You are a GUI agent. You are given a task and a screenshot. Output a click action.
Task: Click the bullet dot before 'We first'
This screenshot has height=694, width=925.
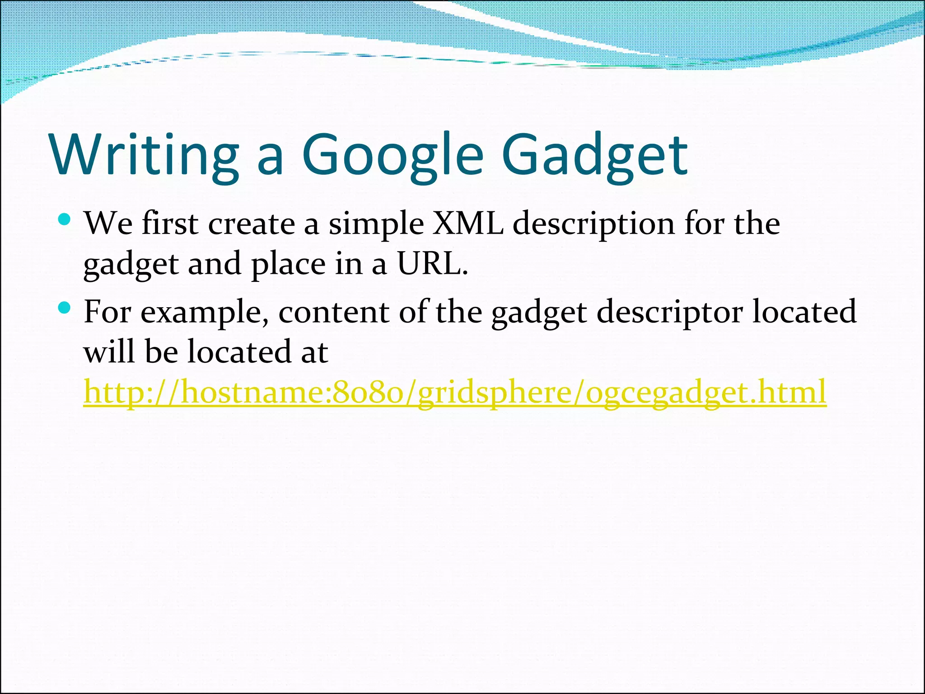point(65,220)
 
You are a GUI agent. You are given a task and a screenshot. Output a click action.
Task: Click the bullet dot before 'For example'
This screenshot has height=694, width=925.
point(65,308)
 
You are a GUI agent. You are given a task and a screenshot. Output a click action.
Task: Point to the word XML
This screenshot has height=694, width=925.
point(467,224)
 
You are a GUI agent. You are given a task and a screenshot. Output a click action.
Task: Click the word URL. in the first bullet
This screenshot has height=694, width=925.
point(432,264)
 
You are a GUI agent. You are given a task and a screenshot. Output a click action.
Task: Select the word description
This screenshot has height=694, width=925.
point(593,225)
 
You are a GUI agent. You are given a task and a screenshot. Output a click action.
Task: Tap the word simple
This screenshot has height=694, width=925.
point(376,225)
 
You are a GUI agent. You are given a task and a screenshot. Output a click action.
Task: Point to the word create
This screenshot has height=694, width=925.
point(252,224)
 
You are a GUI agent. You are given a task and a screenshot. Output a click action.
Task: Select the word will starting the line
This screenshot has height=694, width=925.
point(109,352)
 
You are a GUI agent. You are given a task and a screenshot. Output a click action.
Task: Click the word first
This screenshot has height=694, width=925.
point(170,224)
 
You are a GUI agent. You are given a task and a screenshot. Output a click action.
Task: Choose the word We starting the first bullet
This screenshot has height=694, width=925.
point(108,224)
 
